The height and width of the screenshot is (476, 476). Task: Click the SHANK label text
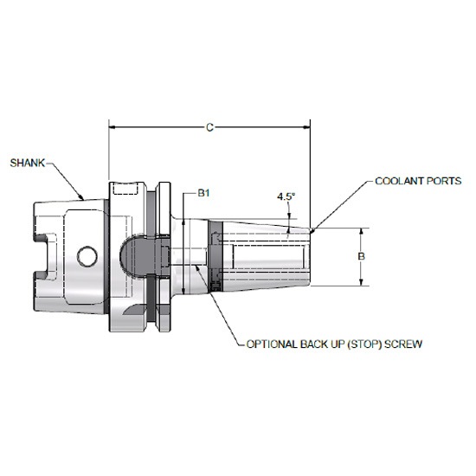[x=28, y=162]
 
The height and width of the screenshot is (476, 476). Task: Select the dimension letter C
[x=209, y=127]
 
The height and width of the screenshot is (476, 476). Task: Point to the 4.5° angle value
[x=286, y=196]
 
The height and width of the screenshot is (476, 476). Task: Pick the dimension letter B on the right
[x=363, y=257]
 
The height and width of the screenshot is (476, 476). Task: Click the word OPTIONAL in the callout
[x=275, y=344]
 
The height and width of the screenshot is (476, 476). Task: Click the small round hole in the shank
[x=86, y=256]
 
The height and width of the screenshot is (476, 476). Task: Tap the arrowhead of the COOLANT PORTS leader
[x=313, y=231]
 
